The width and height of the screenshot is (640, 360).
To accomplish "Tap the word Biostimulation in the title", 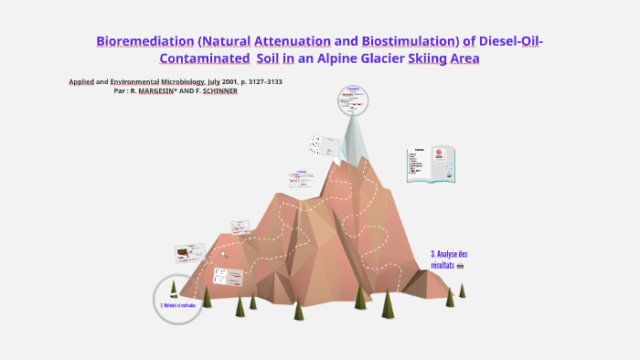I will tap(410, 42).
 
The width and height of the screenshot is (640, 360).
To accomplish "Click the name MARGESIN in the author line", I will tap(155, 91).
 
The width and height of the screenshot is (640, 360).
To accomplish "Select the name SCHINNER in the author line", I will tap(220, 91).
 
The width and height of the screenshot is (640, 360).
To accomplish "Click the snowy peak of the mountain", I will tap(354, 138).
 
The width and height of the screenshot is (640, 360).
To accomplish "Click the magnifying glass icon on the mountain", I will tap(457, 265).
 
